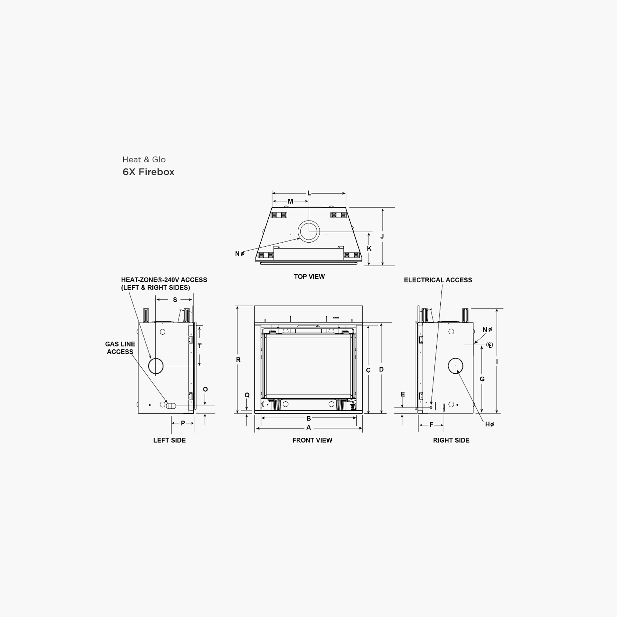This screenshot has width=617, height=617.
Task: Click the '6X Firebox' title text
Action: point(148,172)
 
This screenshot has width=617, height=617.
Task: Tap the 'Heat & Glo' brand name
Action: point(144,159)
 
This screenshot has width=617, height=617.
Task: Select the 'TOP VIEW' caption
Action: point(309,276)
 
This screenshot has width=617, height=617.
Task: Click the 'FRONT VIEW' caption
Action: point(312,440)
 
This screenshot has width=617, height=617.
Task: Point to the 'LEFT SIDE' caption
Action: point(169,440)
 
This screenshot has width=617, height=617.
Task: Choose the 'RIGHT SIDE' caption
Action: point(451,440)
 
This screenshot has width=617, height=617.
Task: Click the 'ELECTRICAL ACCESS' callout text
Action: point(438,280)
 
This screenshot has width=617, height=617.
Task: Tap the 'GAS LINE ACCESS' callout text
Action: point(120,348)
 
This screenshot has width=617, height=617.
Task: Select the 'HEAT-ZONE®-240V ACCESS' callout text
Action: point(164,280)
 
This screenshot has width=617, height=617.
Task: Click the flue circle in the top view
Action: point(308,232)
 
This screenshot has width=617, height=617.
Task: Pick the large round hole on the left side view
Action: point(156,366)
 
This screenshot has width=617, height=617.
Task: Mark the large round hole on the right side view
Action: point(455,366)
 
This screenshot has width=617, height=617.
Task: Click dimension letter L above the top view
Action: point(309,193)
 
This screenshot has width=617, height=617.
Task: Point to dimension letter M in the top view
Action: point(290,201)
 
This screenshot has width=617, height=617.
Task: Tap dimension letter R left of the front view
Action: point(238,360)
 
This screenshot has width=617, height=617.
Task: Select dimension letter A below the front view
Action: point(308,427)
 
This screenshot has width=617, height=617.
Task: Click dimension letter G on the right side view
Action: point(482,379)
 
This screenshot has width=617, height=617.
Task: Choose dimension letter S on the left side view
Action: point(175,300)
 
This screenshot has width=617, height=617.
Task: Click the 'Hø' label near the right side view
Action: point(489,424)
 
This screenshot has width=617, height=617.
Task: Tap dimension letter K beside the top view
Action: point(369,248)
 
